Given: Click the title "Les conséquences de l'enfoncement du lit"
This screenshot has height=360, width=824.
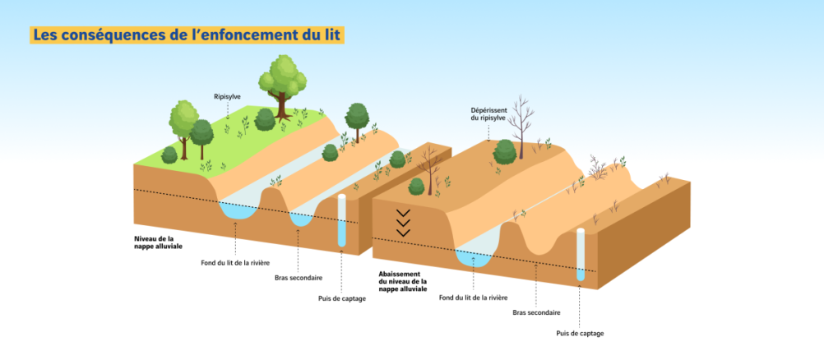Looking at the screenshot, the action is coord(187,35).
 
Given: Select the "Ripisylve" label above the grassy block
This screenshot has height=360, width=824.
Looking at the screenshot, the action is coord(227,97).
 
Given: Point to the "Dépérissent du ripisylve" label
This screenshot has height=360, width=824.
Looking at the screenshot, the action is coord(488,114).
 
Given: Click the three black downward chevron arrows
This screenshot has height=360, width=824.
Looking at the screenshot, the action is coord(403,222).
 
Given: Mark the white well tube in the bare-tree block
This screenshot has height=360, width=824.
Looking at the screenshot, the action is coord(580,255).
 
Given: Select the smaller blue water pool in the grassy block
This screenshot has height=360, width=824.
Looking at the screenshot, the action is coord(301,219).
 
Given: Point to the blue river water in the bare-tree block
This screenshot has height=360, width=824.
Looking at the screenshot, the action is coord(474,258).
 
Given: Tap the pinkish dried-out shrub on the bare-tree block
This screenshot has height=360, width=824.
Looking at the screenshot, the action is coord(597,167).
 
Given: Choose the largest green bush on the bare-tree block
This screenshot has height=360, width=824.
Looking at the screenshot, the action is coord(504,152).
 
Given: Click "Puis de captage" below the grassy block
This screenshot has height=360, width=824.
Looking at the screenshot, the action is coord(341,298).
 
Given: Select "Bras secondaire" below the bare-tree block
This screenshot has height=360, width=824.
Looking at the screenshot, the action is coord(536,312).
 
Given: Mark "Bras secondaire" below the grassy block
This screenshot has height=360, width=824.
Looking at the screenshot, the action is coord(299,278).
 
